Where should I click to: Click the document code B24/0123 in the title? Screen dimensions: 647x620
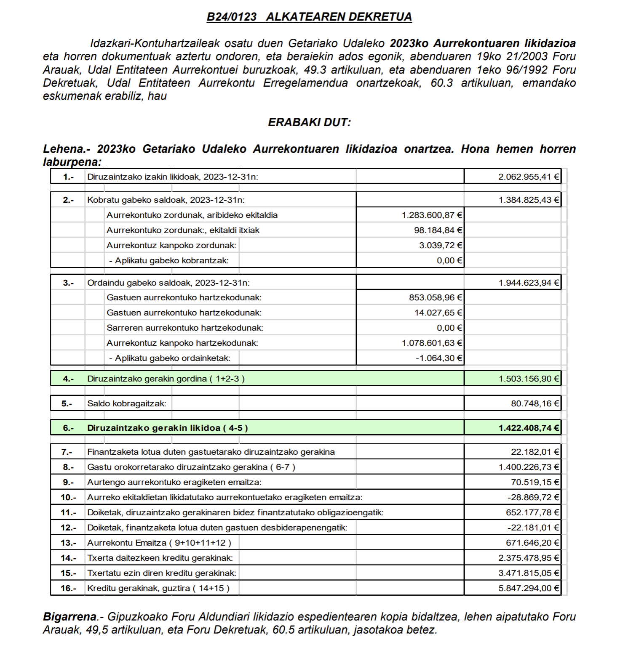231,17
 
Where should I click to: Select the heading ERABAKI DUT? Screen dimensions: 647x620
310,122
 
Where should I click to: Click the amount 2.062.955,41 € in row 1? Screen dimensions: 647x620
529,177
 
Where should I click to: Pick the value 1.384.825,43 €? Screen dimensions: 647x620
529,200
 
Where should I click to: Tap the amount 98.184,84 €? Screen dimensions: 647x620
438,230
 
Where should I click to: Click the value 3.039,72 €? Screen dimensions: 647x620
441,245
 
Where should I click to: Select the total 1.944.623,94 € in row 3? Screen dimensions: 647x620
529,283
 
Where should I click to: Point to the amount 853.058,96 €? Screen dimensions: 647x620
436,297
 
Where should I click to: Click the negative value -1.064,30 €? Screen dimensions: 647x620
439,358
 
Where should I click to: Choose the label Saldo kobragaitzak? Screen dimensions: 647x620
127,403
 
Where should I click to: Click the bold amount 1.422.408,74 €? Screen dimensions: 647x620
529,428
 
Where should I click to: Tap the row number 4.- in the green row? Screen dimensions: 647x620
68,379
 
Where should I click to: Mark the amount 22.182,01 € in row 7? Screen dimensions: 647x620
535,452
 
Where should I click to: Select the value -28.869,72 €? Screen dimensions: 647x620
533,497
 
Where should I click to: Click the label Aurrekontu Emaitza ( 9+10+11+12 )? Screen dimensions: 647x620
159,543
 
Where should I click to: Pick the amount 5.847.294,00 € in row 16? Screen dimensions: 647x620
529,588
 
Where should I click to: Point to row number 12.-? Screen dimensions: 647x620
68,528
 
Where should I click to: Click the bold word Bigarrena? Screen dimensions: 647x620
69,617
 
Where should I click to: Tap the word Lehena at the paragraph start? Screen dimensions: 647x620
63,149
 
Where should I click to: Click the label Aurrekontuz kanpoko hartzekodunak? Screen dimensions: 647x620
182,343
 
